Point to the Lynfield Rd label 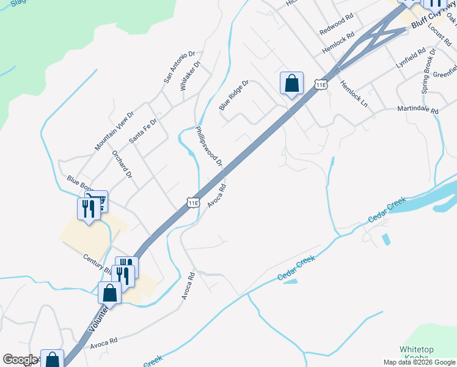[x=409, y=58]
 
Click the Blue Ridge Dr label [x=234, y=95]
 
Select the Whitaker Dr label [x=190, y=76]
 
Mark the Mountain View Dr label [x=114, y=132]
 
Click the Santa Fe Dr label [x=143, y=131]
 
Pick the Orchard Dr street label [x=122, y=163]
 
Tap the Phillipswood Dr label [x=209, y=147]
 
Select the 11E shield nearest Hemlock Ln [x=321, y=84]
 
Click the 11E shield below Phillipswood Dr [x=193, y=202]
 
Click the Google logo [x=20, y=360]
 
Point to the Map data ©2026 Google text [x=419, y=362]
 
